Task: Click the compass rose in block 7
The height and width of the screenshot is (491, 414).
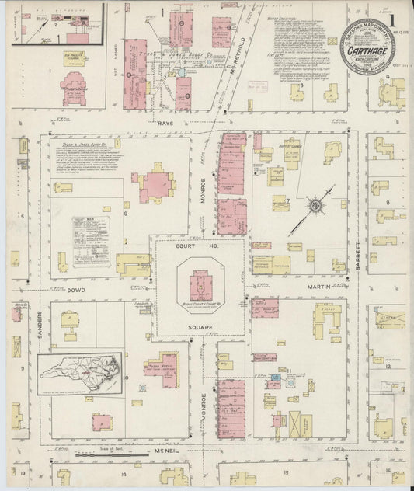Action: [316, 205]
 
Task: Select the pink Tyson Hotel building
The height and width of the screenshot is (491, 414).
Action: [161, 367]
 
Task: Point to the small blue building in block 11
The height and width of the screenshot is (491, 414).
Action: [273, 384]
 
